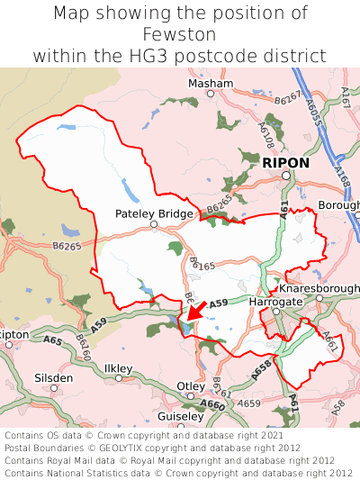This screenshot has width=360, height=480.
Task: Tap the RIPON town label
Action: click(285, 163)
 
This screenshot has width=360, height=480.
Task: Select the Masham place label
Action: click(210, 83)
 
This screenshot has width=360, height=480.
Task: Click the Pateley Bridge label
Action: click(154, 213)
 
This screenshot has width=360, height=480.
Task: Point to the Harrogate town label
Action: click(274, 302)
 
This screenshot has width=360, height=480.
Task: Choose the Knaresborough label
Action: click(319, 288)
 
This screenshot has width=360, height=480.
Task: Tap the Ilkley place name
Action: click(118, 368)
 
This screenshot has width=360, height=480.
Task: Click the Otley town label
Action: click(190, 385)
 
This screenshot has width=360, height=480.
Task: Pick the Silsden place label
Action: click(54, 377)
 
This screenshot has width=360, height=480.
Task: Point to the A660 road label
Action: click(212, 405)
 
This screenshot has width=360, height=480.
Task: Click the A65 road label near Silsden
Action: click(52, 340)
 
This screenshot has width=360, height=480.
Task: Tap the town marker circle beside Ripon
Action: click(285, 176)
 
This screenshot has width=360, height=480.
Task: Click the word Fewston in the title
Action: click(179, 34)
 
